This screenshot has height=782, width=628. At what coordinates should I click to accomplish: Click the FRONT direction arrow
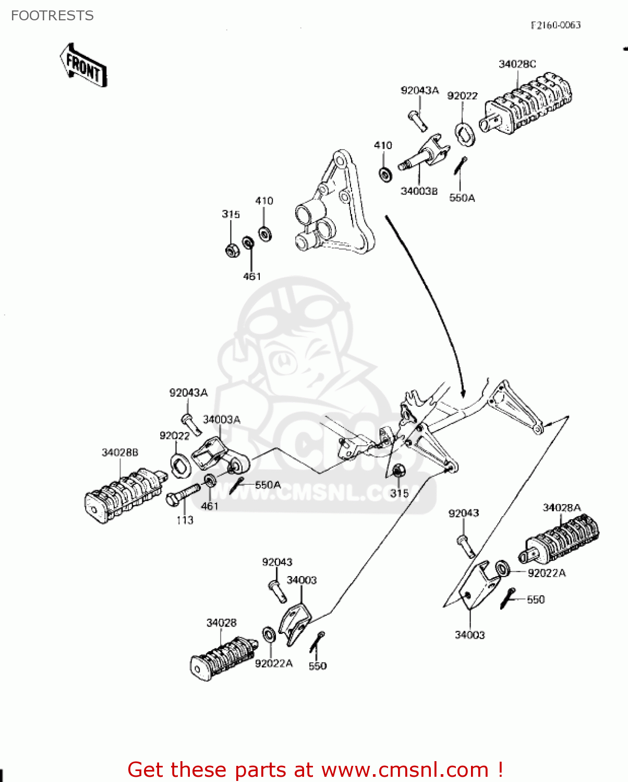click(83, 66)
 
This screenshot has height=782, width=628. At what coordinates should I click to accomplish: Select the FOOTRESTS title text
click(52, 16)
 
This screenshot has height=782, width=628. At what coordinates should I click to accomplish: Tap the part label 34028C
click(517, 64)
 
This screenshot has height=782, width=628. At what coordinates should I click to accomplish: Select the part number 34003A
click(222, 420)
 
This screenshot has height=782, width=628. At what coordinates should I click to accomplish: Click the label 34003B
click(419, 191)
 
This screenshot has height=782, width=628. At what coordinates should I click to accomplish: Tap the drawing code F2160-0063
click(555, 25)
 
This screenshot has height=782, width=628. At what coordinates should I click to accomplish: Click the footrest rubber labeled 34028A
click(561, 540)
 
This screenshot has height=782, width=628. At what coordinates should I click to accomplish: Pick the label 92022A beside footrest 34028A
click(547, 573)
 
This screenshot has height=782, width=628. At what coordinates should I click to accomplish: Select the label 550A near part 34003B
click(462, 198)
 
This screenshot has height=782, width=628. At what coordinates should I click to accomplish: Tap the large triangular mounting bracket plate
click(334, 209)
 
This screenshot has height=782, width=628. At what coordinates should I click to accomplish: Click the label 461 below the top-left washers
click(252, 276)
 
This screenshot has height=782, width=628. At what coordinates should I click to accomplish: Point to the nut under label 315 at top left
click(231, 250)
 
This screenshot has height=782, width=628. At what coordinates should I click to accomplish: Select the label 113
click(185, 520)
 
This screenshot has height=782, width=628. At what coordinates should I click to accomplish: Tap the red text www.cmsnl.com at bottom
click(405, 769)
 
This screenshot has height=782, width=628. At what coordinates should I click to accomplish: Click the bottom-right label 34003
click(469, 635)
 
